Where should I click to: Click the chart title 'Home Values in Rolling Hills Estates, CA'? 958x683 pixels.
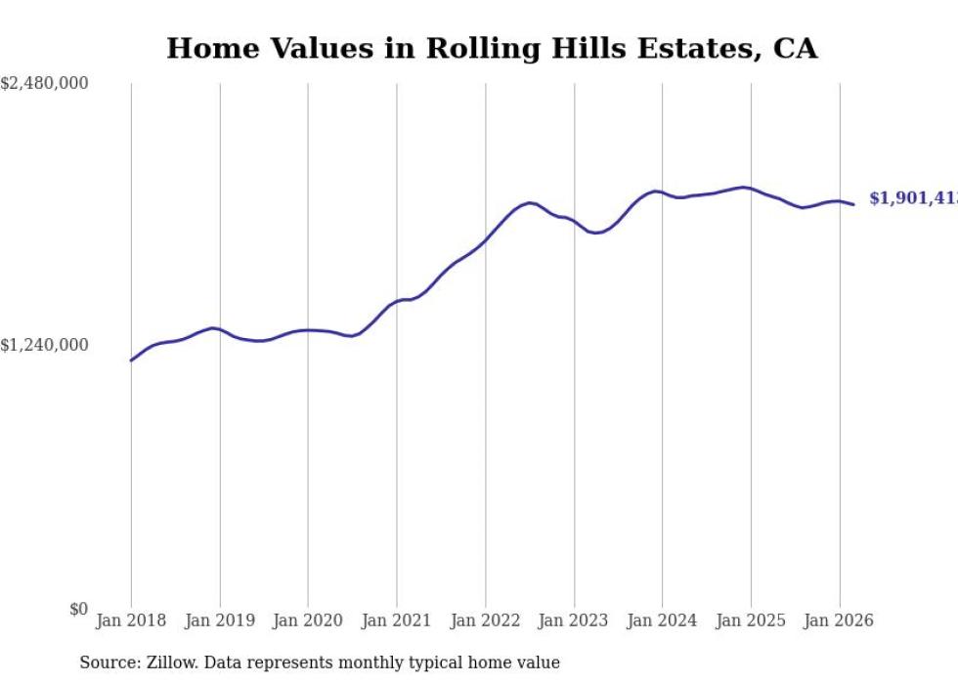click(x=492, y=49)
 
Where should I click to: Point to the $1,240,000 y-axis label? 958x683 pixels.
click(x=45, y=345)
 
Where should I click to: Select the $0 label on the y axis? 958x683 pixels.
click(x=78, y=609)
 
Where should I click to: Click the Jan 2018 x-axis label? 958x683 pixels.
click(x=131, y=620)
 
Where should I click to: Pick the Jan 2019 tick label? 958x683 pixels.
click(x=219, y=620)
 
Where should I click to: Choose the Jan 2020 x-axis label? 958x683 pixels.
click(x=308, y=620)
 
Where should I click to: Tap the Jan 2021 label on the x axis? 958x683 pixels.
click(x=397, y=620)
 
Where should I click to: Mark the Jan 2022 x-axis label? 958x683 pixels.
click(x=485, y=620)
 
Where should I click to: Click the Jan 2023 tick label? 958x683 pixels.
click(x=574, y=620)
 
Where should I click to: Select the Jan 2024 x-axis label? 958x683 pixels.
click(x=662, y=620)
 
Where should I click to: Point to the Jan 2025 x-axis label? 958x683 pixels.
click(x=751, y=620)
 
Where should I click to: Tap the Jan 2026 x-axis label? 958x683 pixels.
click(x=839, y=620)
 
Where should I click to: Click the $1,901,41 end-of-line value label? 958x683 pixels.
click(x=913, y=198)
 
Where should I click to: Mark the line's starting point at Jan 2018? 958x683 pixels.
click(x=131, y=361)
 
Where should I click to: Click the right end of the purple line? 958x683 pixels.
click(x=853, y=204)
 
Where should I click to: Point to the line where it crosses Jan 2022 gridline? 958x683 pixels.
click(x=485, y=239)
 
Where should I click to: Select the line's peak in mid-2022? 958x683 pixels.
click(x=530, y=203)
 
